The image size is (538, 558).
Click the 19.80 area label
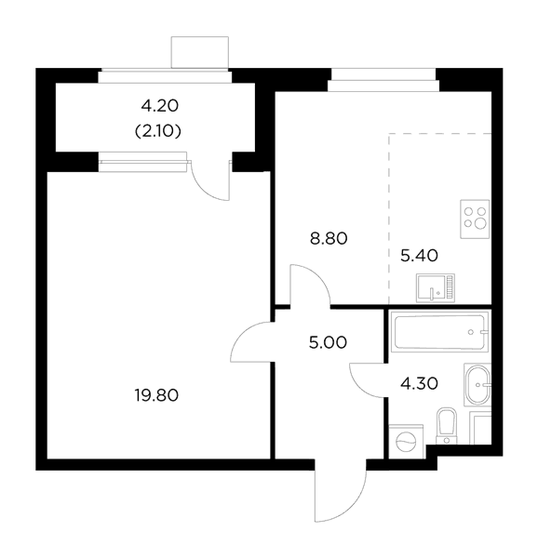click(156, 395)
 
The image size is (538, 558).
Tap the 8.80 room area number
click(329, 239)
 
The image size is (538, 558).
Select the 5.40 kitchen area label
click(419, 256)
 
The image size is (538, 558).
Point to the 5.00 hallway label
click(328, 342)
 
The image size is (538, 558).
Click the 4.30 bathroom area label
click(419, 383)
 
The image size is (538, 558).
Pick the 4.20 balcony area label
click(160, 106)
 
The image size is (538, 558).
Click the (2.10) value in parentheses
click(158, 132)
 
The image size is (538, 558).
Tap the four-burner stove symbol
click(475, 219)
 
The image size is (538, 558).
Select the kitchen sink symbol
click(436, 288)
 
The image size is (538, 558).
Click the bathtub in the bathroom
click(439, 331)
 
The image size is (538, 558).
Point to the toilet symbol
click(447, 426)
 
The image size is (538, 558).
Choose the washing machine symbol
click(406, 441)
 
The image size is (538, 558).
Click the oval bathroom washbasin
click(477, 385)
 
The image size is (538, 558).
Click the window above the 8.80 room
click(383, 80)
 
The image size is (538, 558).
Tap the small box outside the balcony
click(200, 52)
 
